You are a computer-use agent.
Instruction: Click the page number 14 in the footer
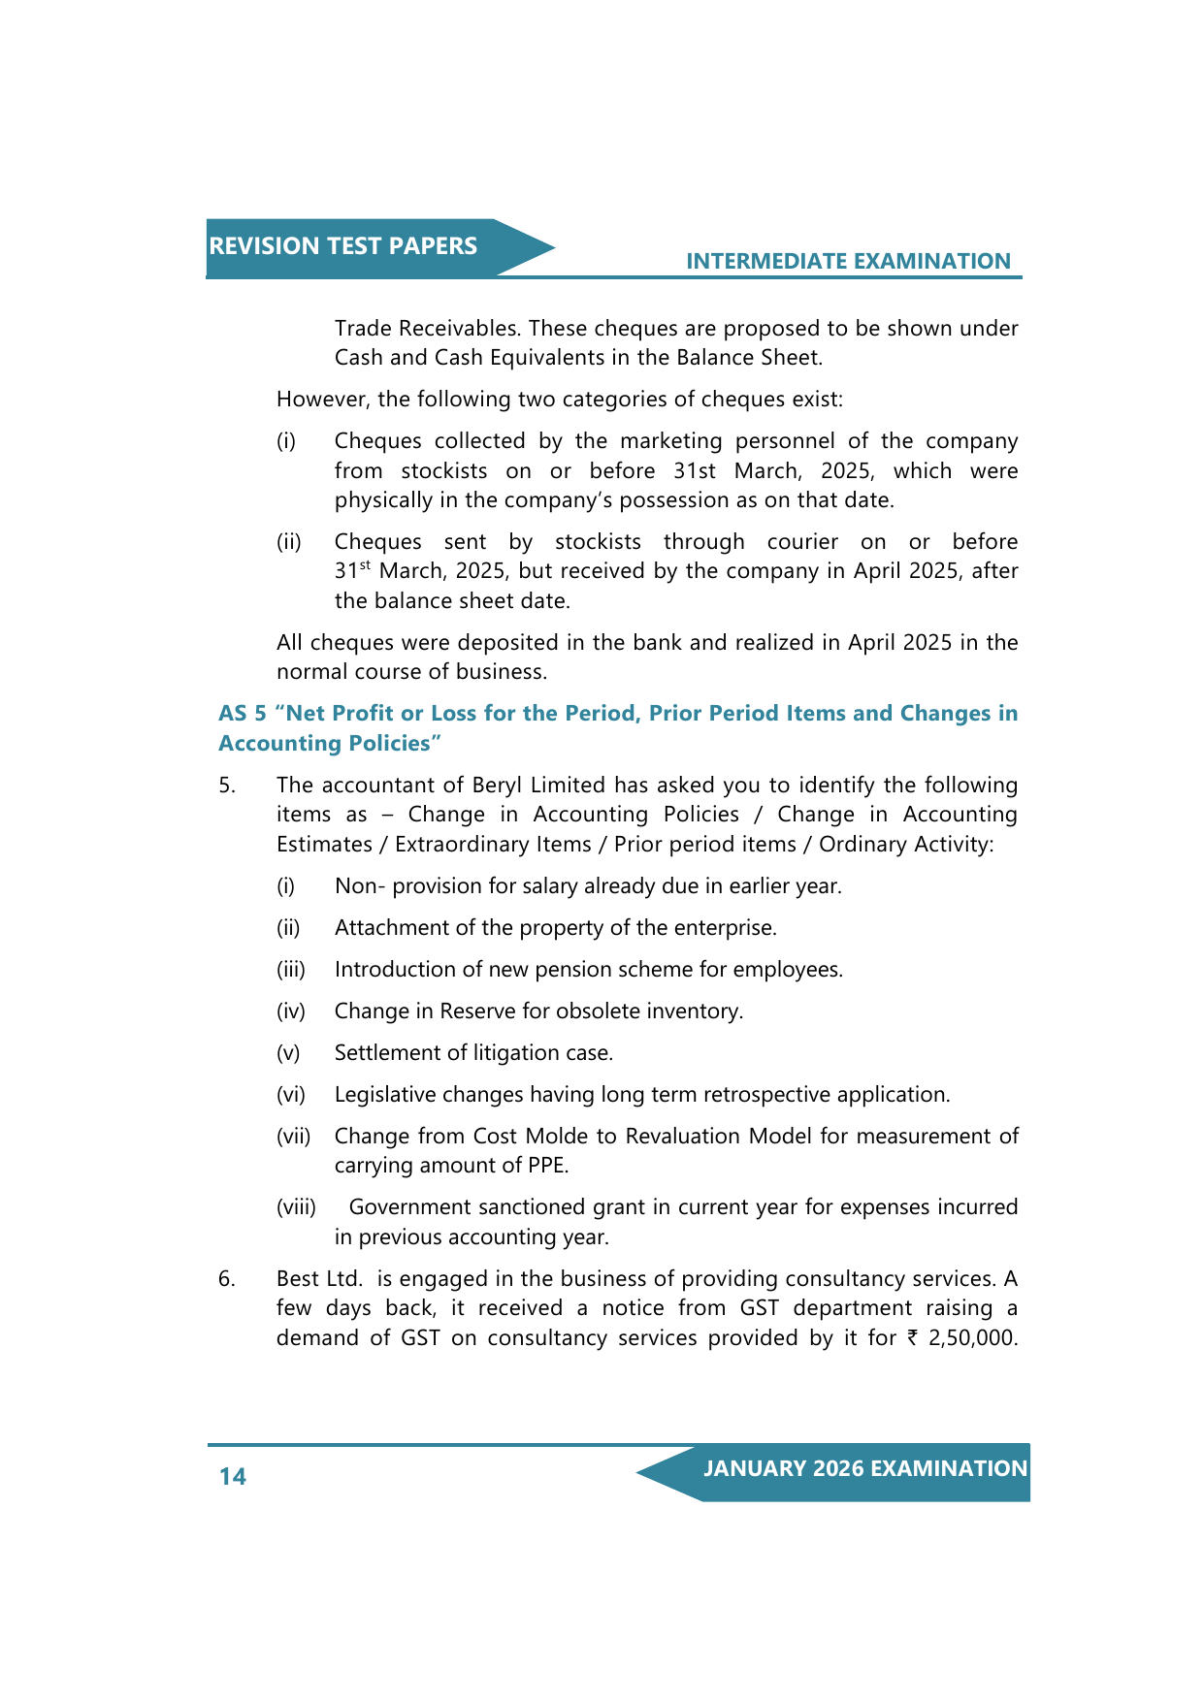(x=233, y=1476)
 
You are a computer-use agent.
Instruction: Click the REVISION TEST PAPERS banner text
(x=342, y=246)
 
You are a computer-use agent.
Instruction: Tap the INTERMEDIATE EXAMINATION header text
(x=848, y=261)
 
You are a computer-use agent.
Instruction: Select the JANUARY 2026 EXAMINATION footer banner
(x=864, y=1468)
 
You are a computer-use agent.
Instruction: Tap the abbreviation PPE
(x=547, y=1165)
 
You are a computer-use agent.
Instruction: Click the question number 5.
(x=226, y=785)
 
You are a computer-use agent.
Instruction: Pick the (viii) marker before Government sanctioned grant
(x=296, y=1206)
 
